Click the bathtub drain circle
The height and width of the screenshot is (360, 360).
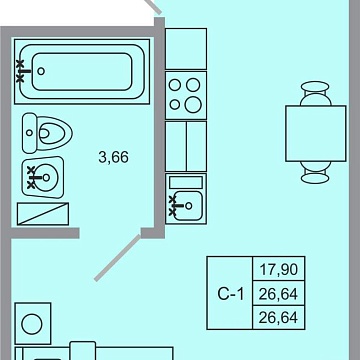[x=41, y=71]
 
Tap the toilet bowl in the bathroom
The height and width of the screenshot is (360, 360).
[x=53, y=133]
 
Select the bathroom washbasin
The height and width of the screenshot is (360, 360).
[x=43, y=177]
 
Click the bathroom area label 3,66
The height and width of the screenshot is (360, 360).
[x=113, y=157]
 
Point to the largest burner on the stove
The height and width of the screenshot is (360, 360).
[x=193, y=105]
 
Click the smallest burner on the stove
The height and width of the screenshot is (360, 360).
[x=175, y=104]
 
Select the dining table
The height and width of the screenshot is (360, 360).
[x=316, y=133]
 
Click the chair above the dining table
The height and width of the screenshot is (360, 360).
[x=315, y=93]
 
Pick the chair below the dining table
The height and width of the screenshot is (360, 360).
[x=315, y=172]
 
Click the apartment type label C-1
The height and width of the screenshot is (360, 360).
[x=231, y=294]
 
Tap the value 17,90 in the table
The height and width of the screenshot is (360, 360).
[x=278, y=269]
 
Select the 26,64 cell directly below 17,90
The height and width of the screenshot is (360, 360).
[x=278, y=294]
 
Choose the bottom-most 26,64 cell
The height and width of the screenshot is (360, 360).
[x=278, y=317]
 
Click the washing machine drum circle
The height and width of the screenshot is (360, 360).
[x=32, y=324]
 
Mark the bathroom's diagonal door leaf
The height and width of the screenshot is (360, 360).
[x=117, y=258]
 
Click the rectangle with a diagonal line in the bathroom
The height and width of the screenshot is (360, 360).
[x=43, y=214]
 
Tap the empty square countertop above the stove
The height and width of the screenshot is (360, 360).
[x=186, y=49]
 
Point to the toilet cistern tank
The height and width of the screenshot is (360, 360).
[x=29, y=133]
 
